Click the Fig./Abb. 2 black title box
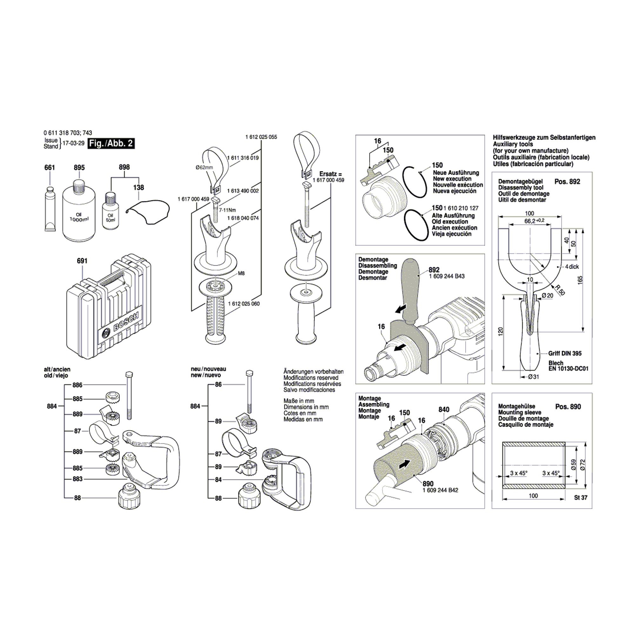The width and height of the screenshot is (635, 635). click(111, 144)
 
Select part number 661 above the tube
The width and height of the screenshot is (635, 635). click(50, 168)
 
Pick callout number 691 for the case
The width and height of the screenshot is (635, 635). click(82, 261)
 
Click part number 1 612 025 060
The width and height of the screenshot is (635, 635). click(244, 304)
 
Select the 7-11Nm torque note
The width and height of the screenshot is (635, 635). click(227, 210)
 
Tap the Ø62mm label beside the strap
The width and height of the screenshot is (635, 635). click(204, 167)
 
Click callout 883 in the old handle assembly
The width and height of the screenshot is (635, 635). click(77, 479)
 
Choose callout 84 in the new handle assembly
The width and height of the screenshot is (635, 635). click(218, 479)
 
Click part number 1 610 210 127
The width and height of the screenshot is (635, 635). click(461, 208)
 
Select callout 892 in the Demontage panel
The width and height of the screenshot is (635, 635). click(434, 270)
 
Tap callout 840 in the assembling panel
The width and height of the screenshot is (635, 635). click(444, 410)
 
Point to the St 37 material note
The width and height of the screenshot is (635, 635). click(581, 498)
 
